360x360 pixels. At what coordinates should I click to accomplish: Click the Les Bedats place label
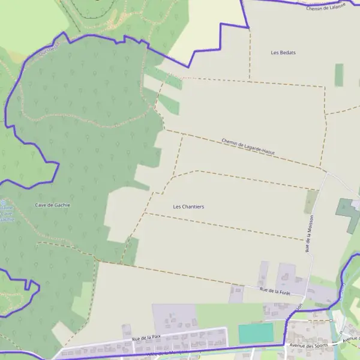[283, 53]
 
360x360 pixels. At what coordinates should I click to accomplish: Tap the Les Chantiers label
[188, 207]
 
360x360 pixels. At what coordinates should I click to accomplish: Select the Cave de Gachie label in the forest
[52, 205]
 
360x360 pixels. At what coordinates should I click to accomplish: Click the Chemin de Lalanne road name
[326, 7]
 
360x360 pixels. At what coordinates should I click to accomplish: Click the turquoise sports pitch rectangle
[255, 333]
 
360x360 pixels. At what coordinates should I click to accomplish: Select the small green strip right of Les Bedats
[339, 75]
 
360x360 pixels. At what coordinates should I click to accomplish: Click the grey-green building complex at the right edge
[347, 212]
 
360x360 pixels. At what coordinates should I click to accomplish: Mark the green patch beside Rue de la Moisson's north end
[310, 201]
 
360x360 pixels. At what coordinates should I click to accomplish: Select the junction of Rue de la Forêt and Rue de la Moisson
[304, 295]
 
